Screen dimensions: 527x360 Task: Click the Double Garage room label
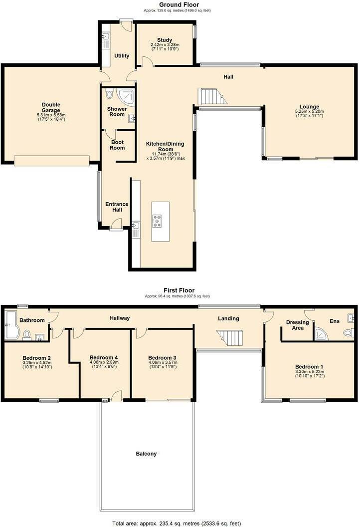[50, 107]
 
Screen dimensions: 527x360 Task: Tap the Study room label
[165, 40]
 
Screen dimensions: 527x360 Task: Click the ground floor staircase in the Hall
[211, 96]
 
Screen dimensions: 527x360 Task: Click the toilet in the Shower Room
[110, 94]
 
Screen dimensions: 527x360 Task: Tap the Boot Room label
[117, 145]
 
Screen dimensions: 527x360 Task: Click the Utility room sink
[105, 36]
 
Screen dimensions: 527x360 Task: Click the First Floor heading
[180, 290]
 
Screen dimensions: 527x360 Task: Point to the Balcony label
[146, 454]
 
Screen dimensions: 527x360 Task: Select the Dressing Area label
[297, 325]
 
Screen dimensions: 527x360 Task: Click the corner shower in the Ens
[322, 335]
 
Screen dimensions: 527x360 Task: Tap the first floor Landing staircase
[231, 338]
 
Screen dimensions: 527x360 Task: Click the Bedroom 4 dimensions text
[103, 365]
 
